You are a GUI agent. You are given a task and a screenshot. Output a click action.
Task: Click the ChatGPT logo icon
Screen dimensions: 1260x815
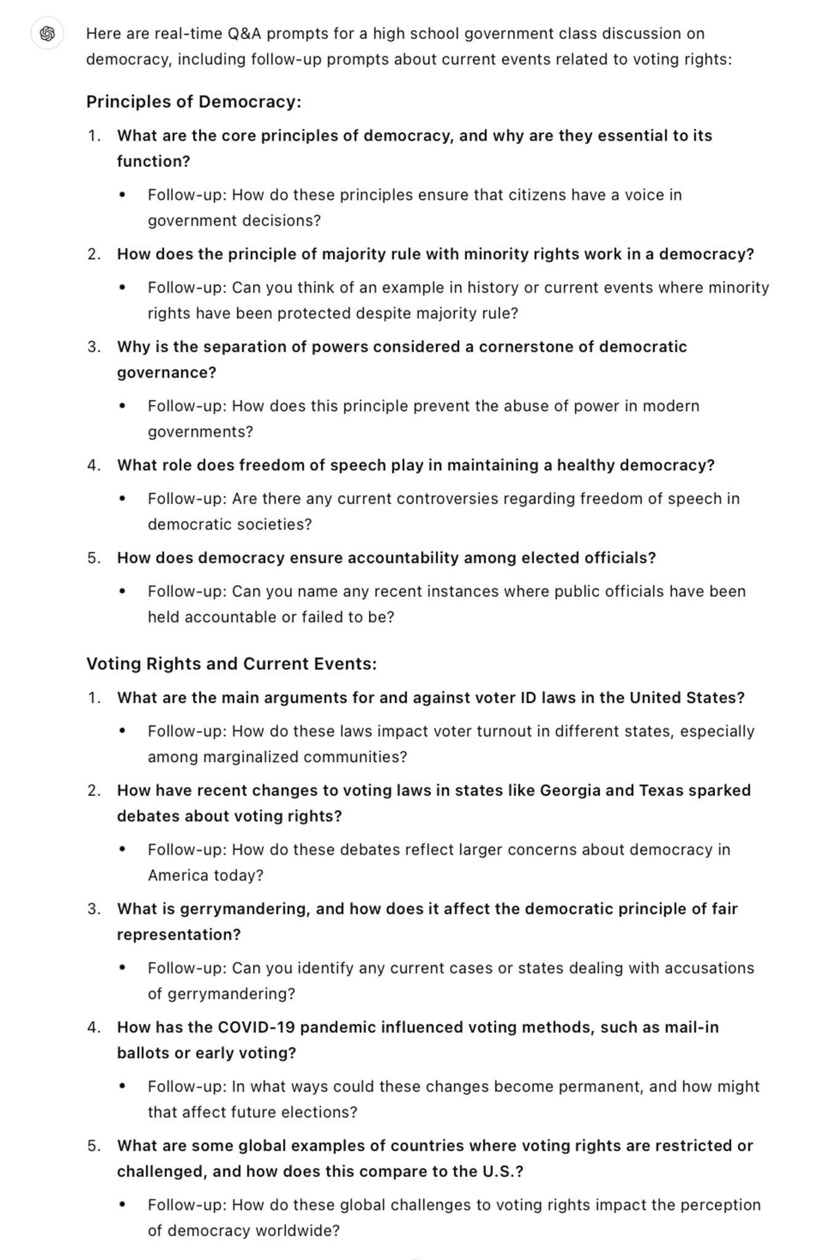[47, 34]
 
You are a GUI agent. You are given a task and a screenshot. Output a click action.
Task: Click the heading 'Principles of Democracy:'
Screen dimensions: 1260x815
[194, 102]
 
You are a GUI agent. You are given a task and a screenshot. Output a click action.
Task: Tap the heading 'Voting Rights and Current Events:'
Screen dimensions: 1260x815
[231, 664]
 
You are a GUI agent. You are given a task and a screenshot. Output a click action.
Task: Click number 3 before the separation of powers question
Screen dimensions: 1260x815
[93, 347]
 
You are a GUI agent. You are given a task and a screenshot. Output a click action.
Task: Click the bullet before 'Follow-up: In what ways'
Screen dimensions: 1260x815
[122, 1087]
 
